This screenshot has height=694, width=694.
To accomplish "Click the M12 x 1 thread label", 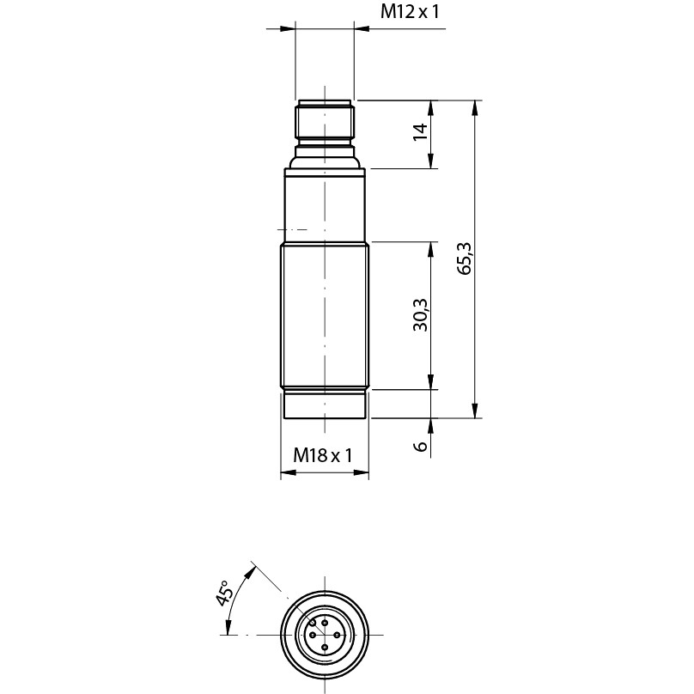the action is pos(410,12).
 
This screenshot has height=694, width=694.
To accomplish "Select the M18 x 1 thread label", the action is pos(323,454).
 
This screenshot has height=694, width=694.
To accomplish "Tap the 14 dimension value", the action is pos(421,132).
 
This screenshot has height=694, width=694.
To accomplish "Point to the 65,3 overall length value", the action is pos(465,259).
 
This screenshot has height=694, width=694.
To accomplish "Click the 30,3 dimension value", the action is pos(421,315).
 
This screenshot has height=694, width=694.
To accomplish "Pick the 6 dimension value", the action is pos(421,446).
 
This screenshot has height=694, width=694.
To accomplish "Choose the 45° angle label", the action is pos(224,594).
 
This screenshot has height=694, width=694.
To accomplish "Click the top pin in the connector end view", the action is pos(326,623).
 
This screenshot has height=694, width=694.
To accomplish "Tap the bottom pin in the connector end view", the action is pos(326,648).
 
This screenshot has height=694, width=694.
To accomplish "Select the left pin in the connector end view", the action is pos(313,635).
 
